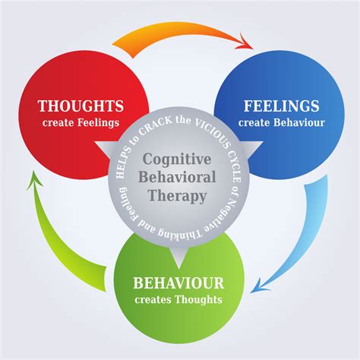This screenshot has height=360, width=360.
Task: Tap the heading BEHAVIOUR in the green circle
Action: tap(179, 283)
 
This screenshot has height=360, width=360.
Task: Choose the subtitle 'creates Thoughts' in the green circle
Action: tap(179, 299)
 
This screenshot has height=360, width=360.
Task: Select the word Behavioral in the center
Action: tap(180, 178)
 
